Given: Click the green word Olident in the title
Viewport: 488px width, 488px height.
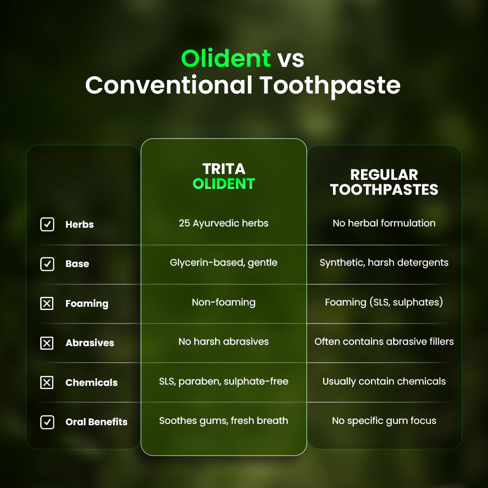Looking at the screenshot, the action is [226, 58].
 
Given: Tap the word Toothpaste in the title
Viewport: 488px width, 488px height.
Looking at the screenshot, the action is [330, 85].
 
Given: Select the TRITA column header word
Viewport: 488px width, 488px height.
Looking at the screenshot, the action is [224, 169].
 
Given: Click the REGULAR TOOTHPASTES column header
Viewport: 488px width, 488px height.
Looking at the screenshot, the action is [384, 182].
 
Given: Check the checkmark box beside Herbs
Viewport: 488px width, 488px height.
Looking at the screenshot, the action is [47, 224].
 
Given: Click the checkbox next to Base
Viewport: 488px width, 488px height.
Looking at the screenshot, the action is [47, 264].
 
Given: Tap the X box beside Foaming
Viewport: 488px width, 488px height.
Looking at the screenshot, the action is [47, 303].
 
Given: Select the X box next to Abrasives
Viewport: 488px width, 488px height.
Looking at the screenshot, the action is [47, 343].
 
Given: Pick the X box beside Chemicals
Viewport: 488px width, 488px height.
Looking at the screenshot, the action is [47, 383].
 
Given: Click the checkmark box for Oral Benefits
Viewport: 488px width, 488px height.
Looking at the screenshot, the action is [47, 422].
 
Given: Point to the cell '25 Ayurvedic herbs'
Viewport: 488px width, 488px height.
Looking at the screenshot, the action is [224, 223].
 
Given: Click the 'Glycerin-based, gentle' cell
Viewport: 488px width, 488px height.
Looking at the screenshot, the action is [224, 263].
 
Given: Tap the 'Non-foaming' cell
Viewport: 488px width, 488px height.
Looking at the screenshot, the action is [224, 302].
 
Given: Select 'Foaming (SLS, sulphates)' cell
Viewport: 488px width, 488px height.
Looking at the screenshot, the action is [384, 302].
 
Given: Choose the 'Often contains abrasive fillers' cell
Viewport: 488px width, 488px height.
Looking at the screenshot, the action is [384, 342].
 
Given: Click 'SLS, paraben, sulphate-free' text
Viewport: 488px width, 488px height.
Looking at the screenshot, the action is [224, 381].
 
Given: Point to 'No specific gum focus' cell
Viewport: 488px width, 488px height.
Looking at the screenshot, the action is [384, 421].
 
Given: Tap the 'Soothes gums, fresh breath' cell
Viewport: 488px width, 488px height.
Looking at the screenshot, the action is [224, 421].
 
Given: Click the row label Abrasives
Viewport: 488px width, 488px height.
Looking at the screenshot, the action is [89, 343].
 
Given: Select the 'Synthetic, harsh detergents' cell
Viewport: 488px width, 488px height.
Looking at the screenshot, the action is [384, 263].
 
